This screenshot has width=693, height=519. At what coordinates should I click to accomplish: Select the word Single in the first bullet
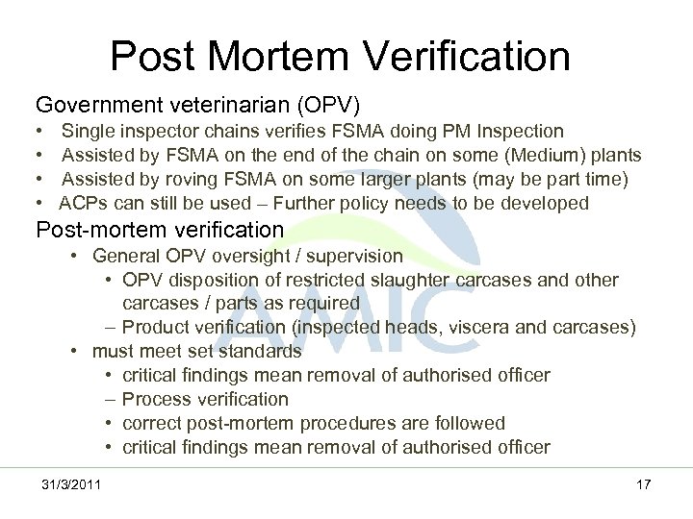click(88, 131)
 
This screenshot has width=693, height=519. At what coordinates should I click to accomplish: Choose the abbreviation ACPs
click(84, 203)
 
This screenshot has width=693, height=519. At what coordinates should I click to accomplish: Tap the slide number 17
click(644, 483)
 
